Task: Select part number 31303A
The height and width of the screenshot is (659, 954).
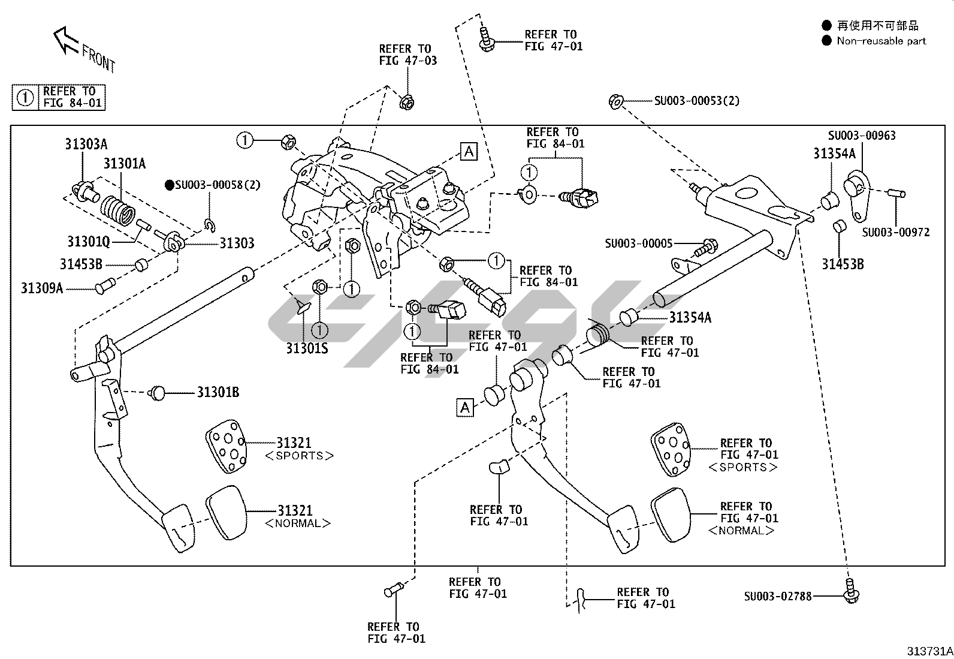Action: [x=86, y=144]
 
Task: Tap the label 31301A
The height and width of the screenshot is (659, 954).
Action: [x=124, y=163]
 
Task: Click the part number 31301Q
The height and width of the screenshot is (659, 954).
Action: [x=88, y=241]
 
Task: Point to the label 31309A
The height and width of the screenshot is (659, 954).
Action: [x=42, y=288]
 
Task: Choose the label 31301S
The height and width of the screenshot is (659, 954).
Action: [x=307, y=348]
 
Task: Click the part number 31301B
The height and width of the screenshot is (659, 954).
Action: [x=218, y=392]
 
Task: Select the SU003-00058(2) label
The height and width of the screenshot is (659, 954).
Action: [x=218, y=185]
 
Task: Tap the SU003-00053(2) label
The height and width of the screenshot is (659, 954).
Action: [x=696, y=101]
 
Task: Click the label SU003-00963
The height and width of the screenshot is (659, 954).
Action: [x=862, y=136]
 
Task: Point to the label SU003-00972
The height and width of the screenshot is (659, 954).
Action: [x=896, y=232]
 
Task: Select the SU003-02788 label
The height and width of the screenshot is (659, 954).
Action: [x=778, y=596]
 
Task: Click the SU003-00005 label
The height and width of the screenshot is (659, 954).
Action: [x=638, y=243]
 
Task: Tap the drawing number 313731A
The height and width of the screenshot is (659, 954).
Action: [x=929, y=651]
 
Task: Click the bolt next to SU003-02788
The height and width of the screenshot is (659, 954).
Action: [x=850, y=591]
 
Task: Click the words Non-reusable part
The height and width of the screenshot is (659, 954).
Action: [x=881, y=41]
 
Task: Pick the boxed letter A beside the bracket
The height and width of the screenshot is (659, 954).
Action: [x=469, y=152]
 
